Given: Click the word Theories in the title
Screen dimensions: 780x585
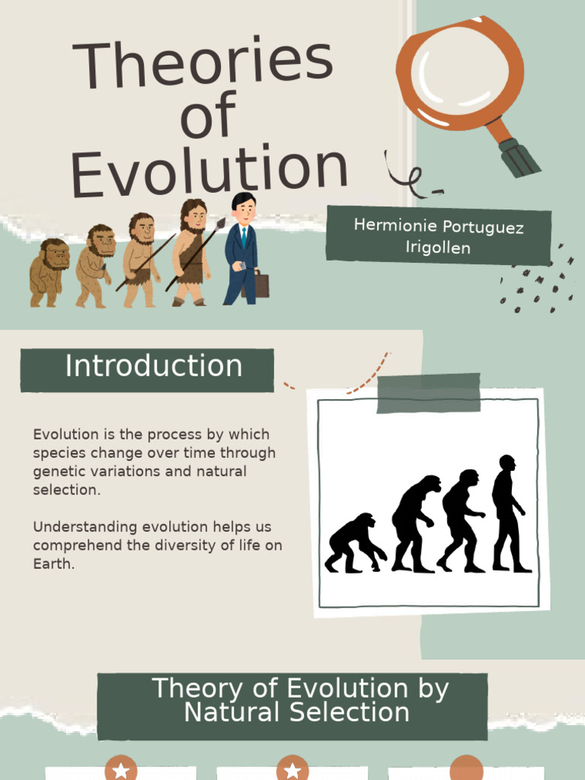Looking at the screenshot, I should [203, 64].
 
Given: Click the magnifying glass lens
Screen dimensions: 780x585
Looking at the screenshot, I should [459, 73].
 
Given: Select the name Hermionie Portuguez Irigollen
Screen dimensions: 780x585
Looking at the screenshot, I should [438, 236].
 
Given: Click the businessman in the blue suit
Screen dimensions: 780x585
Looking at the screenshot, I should [241, 251].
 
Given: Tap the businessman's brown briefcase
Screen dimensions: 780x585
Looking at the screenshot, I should [260, 286].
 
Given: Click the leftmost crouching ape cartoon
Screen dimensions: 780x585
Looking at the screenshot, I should [50, 273].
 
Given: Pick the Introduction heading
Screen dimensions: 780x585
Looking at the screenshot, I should [153, 367].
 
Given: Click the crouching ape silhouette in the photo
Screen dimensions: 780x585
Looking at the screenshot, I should [354, 543].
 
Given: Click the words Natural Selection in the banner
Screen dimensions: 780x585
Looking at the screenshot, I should [297, 713].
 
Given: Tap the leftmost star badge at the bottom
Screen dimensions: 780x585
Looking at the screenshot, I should [120, 769].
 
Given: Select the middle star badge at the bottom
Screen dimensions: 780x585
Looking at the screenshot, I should [292, 769].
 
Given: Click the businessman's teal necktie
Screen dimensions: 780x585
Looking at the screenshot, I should [244, 237].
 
